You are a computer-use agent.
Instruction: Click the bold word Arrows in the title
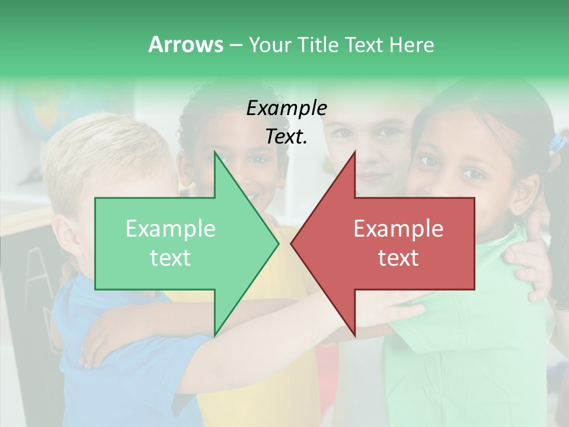click(186, 44)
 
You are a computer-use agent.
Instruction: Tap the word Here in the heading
click(411, 45)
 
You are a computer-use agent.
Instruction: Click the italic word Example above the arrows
click(286, 108)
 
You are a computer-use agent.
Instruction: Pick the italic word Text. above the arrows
click(286, 136)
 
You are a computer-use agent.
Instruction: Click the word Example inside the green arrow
click(171, 229)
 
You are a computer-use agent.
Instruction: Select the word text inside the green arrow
click(171, 258)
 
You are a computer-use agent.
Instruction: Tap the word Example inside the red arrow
click(398, 229)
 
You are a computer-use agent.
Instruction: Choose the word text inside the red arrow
click(398, 258)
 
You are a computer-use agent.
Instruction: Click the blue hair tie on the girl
click(557, 142)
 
